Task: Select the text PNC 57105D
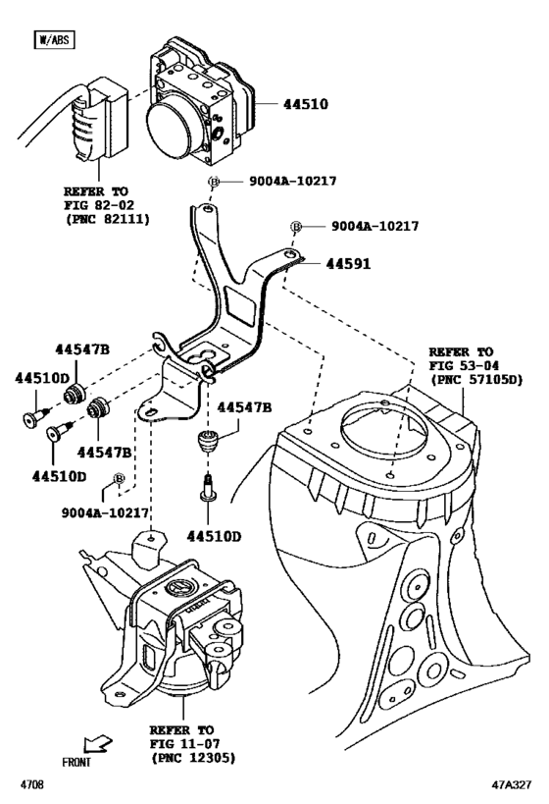coord(475,378)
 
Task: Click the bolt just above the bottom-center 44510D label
coord(208,488)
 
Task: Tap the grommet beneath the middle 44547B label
coord(207,441)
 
